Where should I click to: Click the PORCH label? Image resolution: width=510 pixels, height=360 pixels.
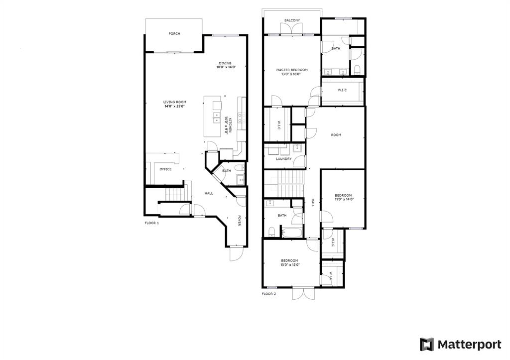click(174, 33)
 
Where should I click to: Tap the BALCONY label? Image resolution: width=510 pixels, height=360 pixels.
click(292, 20)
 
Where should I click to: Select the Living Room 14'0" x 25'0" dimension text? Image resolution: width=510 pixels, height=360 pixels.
click(175, 106)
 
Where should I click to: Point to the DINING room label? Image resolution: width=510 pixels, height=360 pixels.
click(225, 63)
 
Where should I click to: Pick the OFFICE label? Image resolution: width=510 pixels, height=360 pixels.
click(165, 169)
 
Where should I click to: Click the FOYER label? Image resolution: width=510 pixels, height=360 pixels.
click(239, 220)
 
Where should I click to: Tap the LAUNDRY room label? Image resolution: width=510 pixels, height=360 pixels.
click(283, 159)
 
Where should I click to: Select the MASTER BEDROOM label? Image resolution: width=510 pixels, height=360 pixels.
click(292, 70)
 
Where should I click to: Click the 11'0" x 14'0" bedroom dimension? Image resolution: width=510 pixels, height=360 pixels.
click(344, 199)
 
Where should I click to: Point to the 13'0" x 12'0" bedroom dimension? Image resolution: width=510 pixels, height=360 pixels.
click(290, 265)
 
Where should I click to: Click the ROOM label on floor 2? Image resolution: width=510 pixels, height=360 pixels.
click(336, 134)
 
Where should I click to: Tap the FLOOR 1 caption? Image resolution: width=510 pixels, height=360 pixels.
click(152, 223)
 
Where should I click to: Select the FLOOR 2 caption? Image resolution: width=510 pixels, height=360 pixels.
click(269, 294)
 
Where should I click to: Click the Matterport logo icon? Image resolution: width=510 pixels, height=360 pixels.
click(427, 345)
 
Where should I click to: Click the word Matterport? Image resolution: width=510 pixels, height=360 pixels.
click(469, 345)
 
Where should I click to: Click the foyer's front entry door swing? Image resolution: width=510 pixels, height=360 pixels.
click(236, 253)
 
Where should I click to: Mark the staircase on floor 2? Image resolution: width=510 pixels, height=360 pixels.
click(283, 184)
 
